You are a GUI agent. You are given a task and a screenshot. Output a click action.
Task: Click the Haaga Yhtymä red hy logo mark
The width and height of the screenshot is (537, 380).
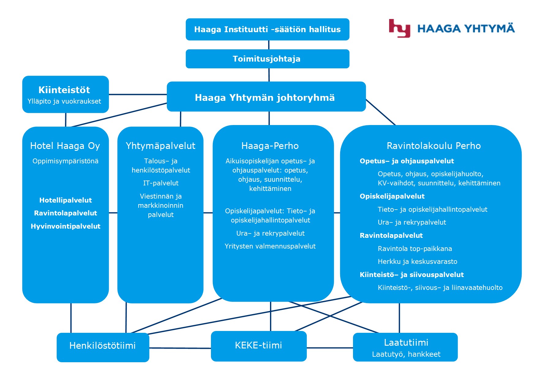pos(399,28)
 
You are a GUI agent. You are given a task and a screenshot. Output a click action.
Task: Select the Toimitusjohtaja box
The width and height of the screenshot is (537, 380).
pos(267,59)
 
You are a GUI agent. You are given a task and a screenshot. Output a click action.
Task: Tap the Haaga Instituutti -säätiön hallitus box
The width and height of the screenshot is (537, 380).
pos(267,29)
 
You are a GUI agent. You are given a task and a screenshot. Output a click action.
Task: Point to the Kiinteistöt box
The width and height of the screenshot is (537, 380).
pos(65,94)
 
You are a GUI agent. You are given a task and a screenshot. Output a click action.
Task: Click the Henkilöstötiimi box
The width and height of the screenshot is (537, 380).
pos(103,347)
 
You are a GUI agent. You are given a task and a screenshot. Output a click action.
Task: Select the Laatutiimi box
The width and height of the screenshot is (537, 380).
pos(405,347)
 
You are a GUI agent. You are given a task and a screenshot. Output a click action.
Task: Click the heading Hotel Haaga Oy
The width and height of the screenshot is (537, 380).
pos(65,146)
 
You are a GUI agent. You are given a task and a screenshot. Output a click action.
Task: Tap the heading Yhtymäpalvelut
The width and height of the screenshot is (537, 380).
pos(160,146)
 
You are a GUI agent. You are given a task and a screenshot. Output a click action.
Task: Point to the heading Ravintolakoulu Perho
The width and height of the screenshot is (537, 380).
pos(434,146)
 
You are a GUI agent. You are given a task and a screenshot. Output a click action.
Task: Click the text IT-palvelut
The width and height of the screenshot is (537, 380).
pos(161,183)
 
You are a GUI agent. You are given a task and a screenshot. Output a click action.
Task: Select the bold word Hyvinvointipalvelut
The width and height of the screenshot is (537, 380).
pos(66,226)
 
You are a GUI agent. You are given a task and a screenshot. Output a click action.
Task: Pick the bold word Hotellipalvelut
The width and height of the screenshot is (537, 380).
pos(66,200)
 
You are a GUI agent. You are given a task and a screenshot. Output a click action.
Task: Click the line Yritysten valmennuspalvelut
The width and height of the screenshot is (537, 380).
pos(270,246)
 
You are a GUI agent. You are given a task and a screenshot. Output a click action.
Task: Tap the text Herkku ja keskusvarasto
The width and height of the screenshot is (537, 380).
pos(417,262)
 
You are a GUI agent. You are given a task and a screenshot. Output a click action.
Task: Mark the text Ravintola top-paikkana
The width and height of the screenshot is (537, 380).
pos(415,249)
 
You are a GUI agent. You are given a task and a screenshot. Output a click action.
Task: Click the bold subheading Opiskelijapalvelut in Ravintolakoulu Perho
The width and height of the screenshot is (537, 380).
pos(392,196)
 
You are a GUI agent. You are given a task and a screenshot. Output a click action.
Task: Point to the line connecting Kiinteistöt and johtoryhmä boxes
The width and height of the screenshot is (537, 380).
pos(138,94)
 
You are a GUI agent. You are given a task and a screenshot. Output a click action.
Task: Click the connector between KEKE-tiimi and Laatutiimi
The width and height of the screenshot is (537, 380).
pos(330,348)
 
